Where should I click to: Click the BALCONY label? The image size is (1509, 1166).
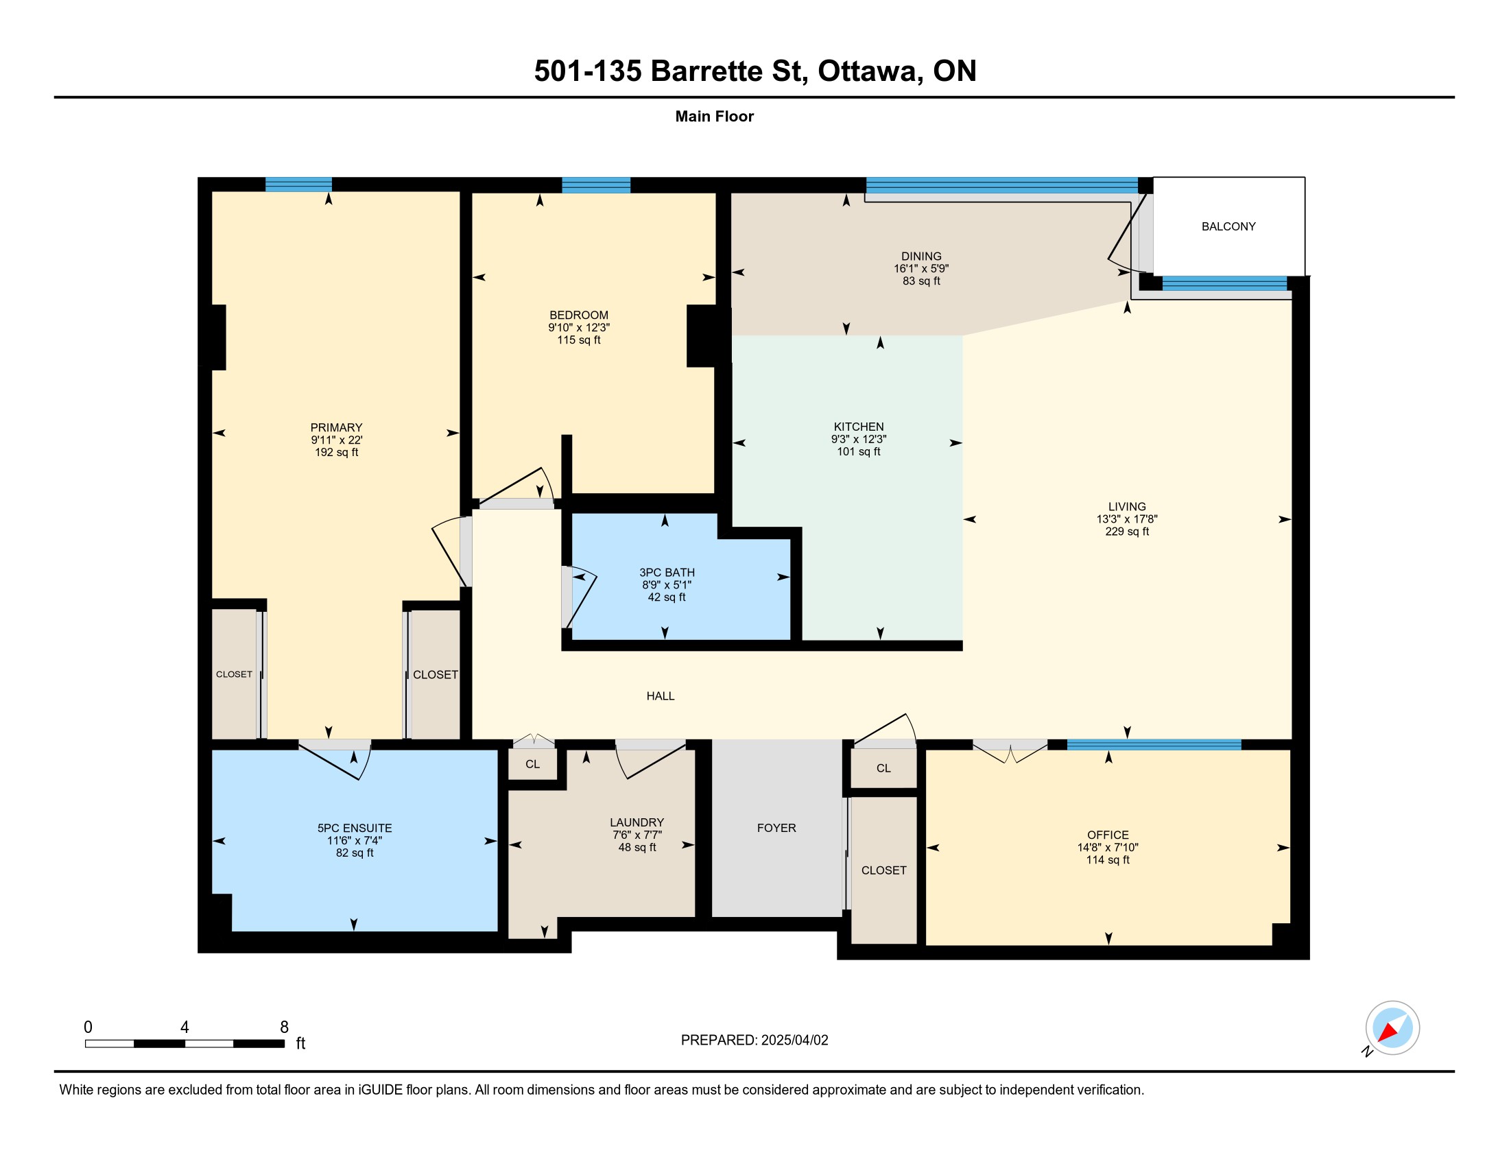point(1228,226)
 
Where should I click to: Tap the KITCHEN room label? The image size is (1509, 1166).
point(858,427)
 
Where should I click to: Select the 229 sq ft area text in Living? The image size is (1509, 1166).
point(1127,531)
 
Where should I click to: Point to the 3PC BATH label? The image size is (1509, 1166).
point(667,573)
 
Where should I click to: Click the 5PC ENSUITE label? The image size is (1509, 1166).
point(355,829)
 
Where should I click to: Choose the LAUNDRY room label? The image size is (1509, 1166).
point(637,822)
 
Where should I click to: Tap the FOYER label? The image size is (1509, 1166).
point(776,829)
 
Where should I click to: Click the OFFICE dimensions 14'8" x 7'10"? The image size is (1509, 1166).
point(1108,848)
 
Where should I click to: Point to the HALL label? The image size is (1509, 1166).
point(661,696)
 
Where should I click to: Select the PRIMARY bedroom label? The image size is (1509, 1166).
point(337,427)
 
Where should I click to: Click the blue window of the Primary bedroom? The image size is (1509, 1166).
point(298,185)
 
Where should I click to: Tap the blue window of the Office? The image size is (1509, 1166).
point(1154,745)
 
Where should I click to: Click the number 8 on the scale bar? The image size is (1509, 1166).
point(284,1027)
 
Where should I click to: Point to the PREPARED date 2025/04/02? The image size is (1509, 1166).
point(794,1040)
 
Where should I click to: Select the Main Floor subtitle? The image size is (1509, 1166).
point(715,117)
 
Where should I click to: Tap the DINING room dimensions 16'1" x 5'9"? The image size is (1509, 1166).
point(921,269)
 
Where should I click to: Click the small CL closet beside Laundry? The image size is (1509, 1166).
point(533,764)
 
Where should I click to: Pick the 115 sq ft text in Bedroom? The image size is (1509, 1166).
point(579,340)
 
